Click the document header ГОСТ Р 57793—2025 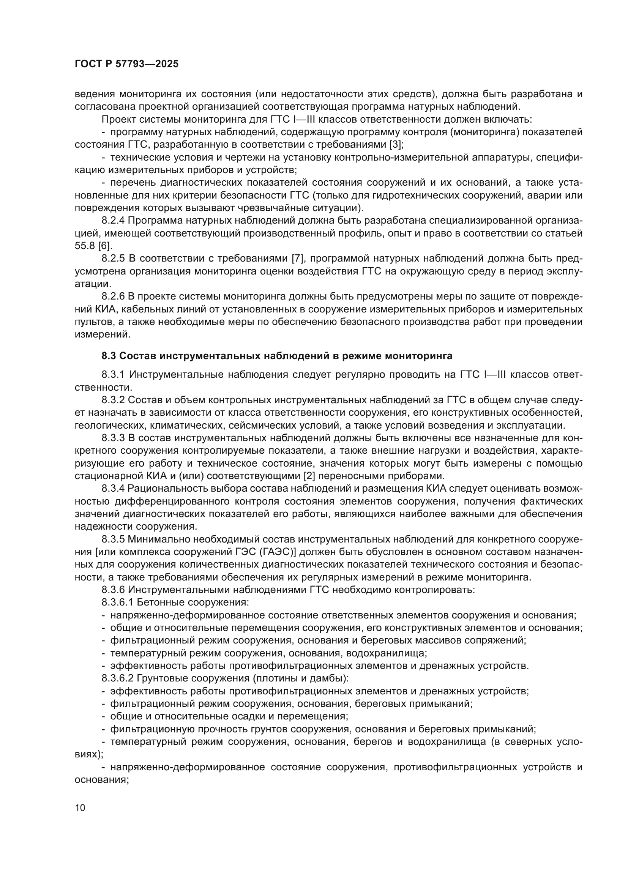[x=126, y=64]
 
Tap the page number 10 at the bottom [x=80, y=808]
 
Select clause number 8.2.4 [x=113, y=221]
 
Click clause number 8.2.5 [x=113, y=259]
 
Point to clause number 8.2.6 [x=113, y=296]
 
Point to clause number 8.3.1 [x=113, y=374]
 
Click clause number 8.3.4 [x=113, y=489]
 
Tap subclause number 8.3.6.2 [x=118, y=678]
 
